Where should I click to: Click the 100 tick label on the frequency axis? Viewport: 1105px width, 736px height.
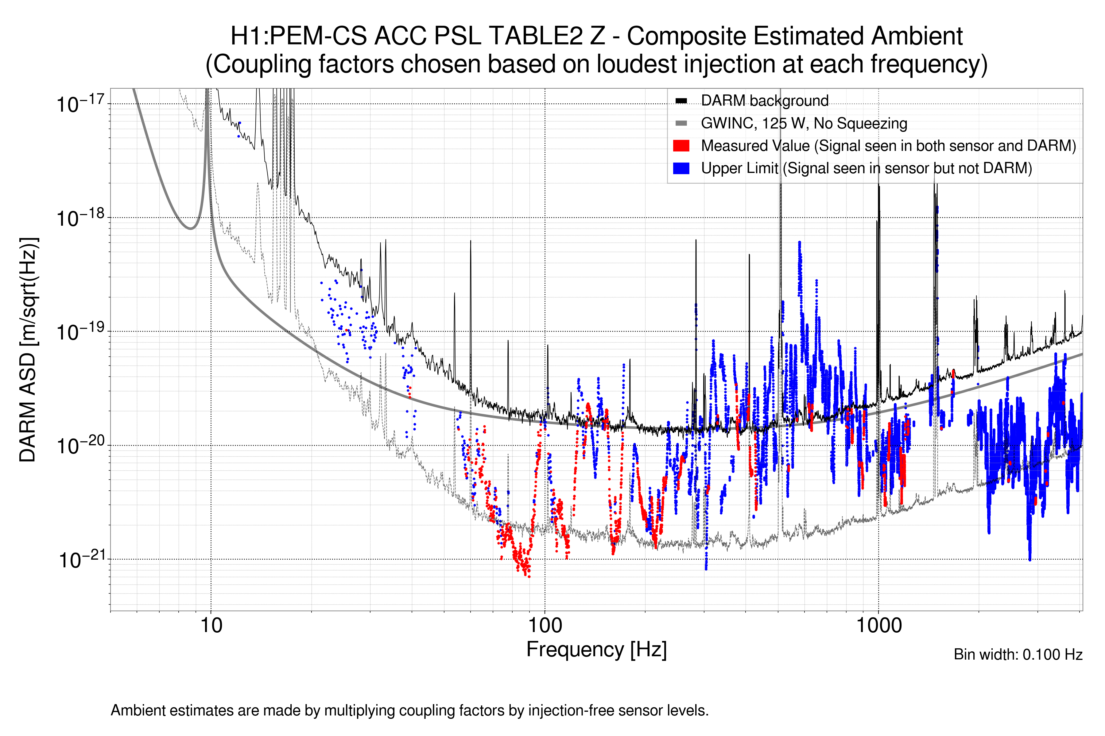point(545,625)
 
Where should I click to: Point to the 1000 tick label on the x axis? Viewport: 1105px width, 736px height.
point(878,625)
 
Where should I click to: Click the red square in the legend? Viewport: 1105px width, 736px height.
point(681,145)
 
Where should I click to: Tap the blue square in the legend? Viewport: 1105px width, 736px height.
point(681,168)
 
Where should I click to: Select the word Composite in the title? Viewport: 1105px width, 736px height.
point(686,36)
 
